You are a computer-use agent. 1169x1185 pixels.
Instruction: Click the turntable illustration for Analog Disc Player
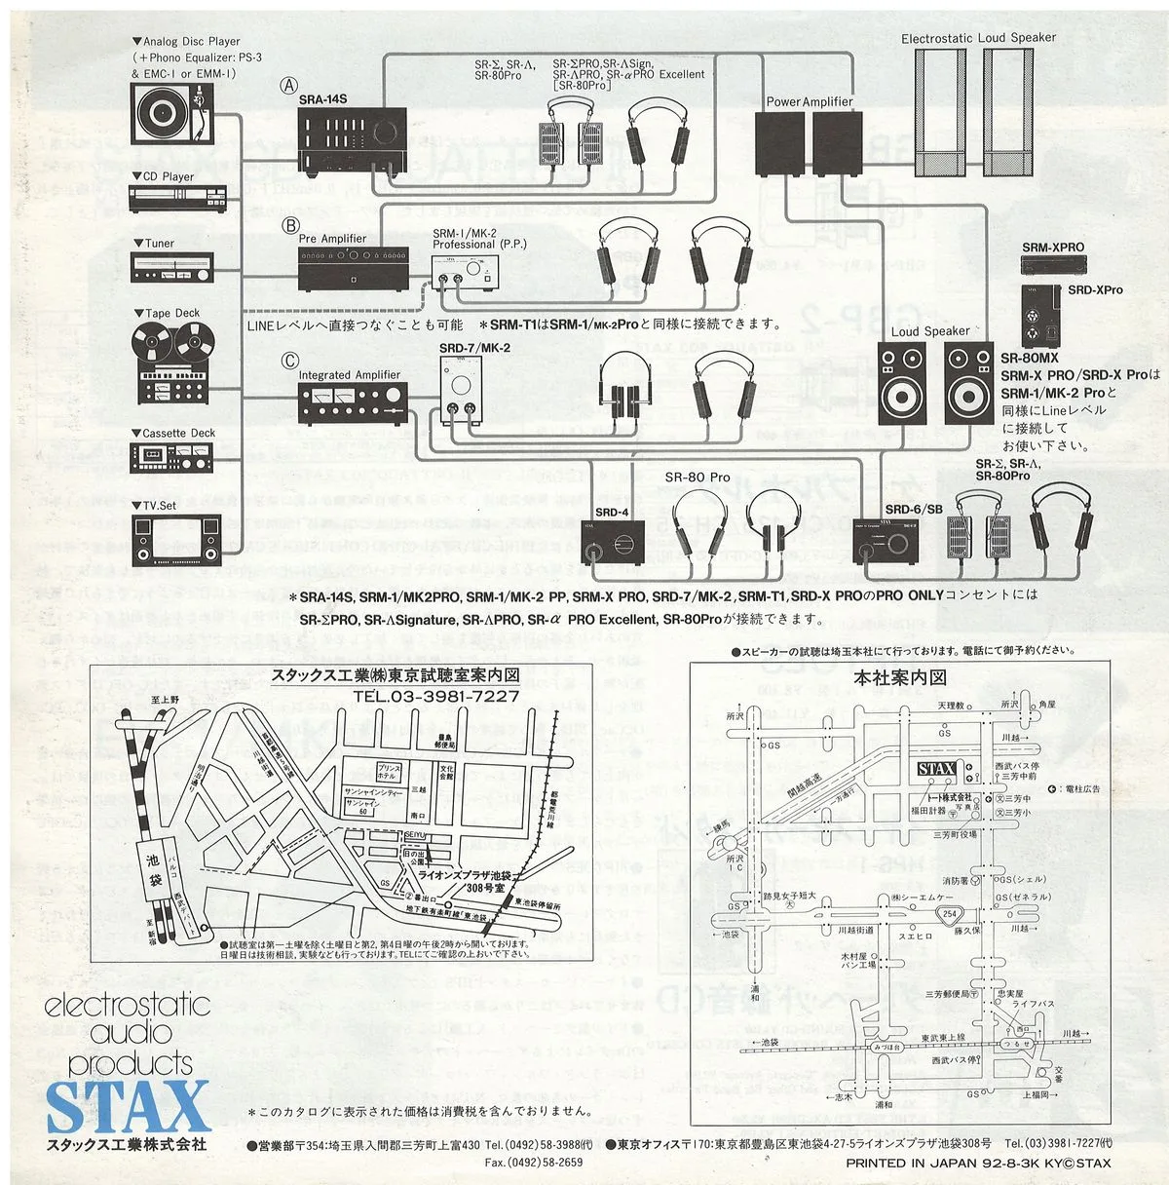coord(171,114)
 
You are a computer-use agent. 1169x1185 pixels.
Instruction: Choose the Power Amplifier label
coord(809,101)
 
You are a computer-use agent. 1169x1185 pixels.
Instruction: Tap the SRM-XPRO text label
coord(1052,248)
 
